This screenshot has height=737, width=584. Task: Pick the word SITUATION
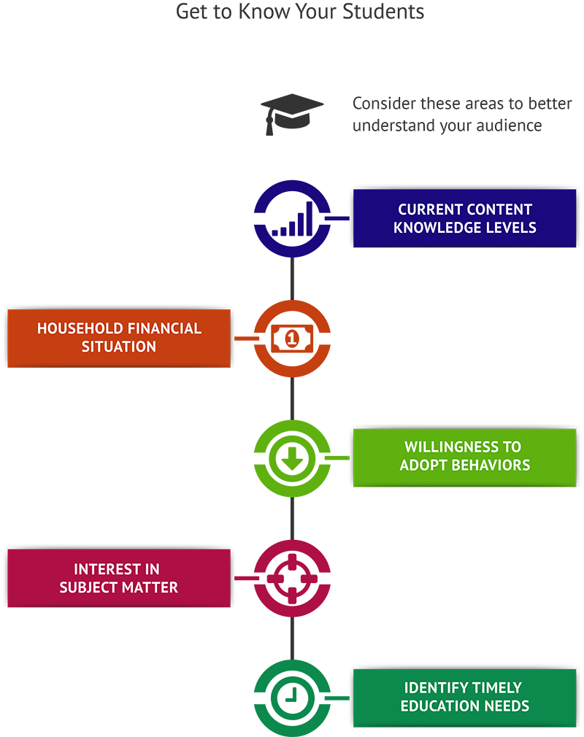119,347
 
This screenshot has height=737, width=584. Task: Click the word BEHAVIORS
492,465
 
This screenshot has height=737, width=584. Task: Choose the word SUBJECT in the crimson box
90,587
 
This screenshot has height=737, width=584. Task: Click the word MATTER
151,587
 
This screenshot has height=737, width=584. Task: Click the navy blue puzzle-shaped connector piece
270,212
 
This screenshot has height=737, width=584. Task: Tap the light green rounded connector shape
270,460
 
